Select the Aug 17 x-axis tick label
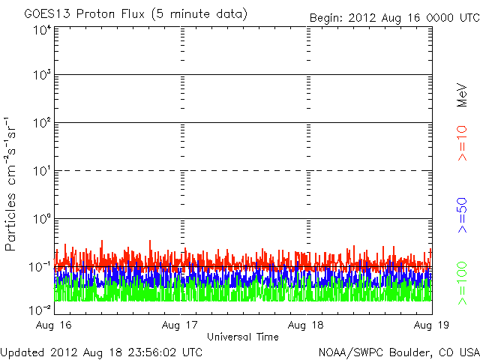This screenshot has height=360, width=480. point(181,325)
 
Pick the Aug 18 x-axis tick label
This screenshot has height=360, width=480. point(307,325)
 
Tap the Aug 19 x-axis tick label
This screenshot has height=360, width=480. point(431,325)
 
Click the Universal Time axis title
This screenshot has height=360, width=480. point(242,337)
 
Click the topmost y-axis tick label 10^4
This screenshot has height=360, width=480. point(41,30)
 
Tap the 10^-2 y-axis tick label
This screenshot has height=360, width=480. point(39,308)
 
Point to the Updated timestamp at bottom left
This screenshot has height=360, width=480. point(101,351)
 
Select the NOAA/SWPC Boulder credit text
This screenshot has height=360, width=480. point(397,351)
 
